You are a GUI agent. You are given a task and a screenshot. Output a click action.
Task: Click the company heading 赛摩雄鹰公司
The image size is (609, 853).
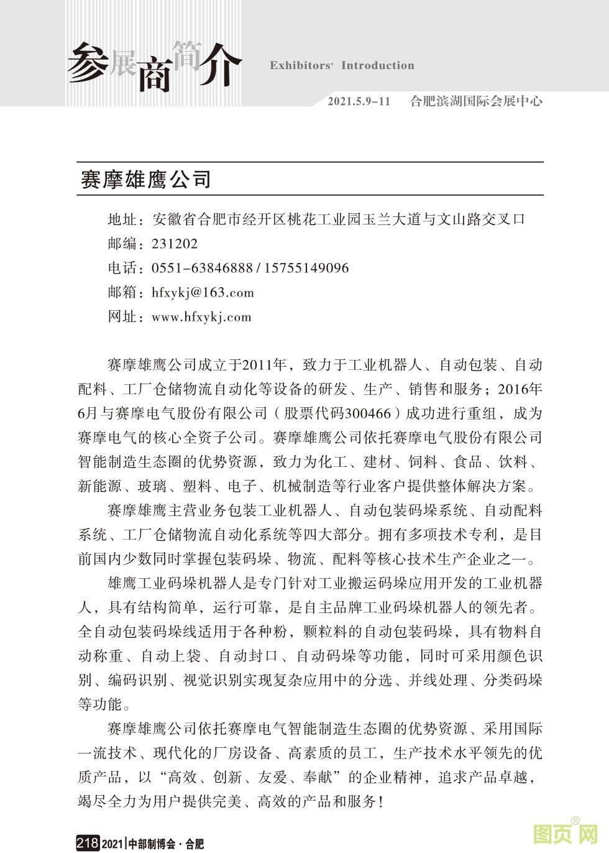[146, 179]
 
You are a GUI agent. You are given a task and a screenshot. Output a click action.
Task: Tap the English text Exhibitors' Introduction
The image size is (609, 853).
[342, 65]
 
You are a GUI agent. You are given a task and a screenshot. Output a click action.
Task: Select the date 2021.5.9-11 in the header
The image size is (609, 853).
[359, 101]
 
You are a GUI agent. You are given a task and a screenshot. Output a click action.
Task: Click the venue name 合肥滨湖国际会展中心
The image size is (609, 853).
[476, 101]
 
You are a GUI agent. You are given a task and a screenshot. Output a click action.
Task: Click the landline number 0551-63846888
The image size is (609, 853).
[202, 268]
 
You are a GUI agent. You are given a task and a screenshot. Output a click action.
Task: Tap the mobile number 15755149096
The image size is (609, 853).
[306, 268]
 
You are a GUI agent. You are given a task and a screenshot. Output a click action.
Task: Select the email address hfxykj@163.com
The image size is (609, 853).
[203, 293]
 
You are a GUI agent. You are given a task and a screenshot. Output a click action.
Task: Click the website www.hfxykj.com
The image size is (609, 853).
[201, 317]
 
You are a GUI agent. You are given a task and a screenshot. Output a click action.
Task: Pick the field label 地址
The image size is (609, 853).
[122, 219]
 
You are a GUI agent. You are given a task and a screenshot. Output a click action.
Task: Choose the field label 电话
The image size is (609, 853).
[122, 268]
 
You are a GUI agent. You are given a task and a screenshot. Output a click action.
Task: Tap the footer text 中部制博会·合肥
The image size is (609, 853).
[166, 844]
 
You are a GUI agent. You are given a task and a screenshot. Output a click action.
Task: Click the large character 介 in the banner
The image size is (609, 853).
[217, 65]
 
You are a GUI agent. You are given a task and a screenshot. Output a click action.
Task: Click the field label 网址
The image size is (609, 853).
[122, 317]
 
